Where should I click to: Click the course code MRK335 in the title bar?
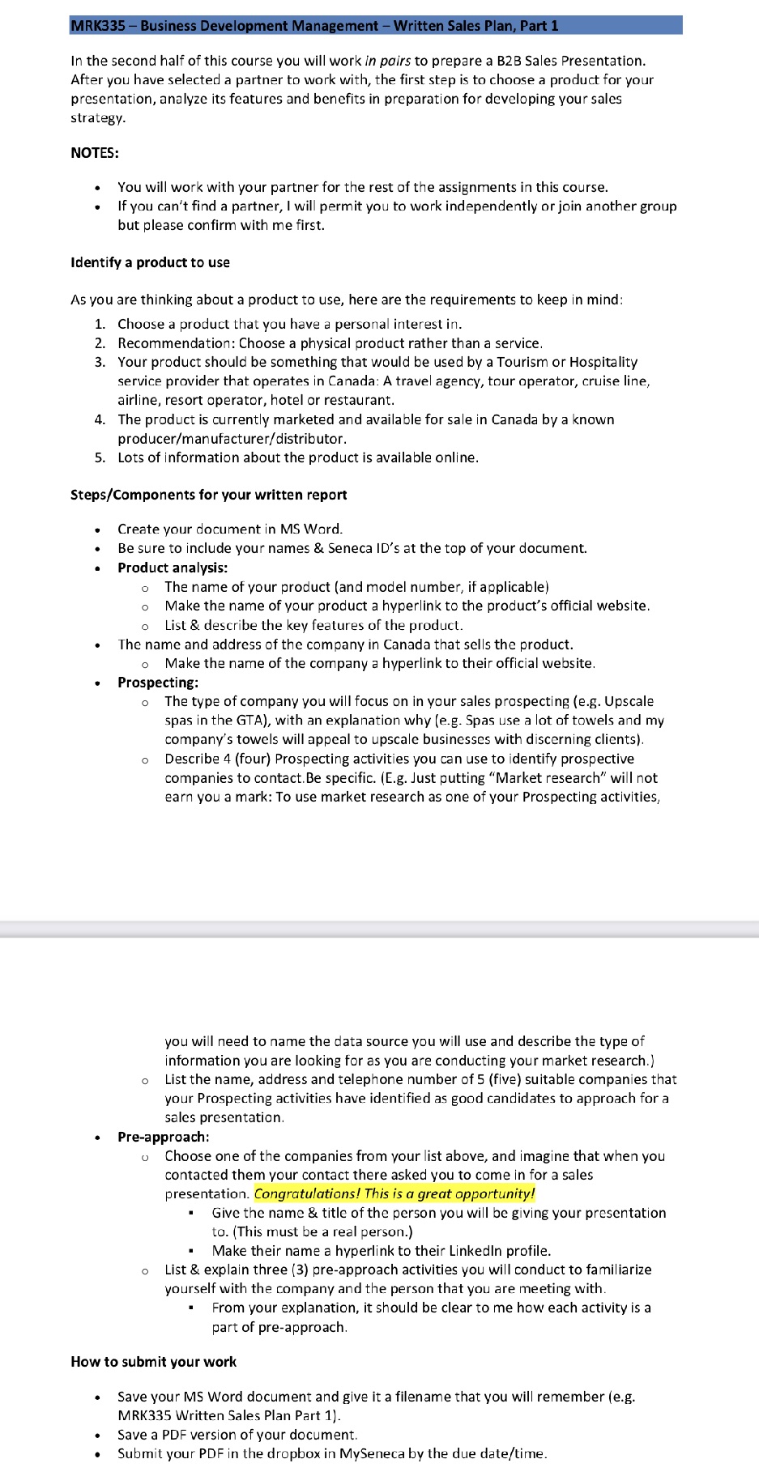[x=97, y=26]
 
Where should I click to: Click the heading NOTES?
[x=95, y=153]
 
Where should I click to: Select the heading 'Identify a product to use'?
[x=150, y=262]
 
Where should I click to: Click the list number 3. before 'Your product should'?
[x=100, y=362]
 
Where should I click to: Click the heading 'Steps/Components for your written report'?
[x=208, y=495]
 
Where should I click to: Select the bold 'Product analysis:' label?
[x=173, y=568]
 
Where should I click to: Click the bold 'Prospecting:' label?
[x=158, y=683]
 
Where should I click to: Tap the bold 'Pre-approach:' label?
[x=163, y=1137]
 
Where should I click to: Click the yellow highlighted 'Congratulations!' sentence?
[x=394, y=1193]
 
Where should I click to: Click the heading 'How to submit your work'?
[x=153, y=1362]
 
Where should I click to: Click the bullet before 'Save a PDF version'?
[x=97, y=1435]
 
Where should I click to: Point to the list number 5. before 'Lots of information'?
[x=100, y=457]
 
